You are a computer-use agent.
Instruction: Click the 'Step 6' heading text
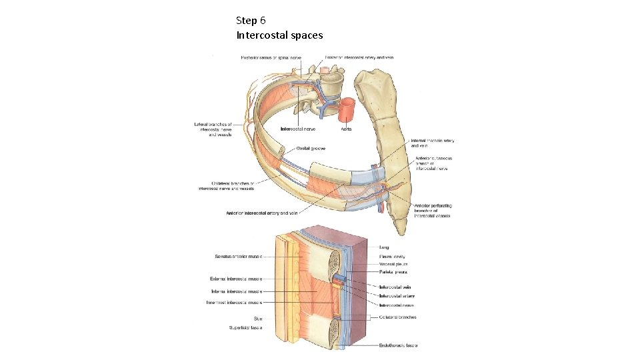point(251,21)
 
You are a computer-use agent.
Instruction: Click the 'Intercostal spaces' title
point(279,35)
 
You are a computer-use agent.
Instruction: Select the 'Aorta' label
point(347,129)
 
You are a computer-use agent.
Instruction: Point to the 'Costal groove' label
point(311,148)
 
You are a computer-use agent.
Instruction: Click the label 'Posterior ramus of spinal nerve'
point(271,57)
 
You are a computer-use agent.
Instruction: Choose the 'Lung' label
point(384,247)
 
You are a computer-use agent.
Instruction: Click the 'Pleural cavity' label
point(392,256)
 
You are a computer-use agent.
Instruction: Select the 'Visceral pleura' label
point(393,265)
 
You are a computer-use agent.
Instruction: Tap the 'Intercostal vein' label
point(395,287)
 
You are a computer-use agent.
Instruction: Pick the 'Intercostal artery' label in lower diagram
point(397,295)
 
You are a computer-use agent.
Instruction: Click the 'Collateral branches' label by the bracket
point(397,317)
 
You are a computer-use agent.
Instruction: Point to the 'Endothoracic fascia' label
point(398,345)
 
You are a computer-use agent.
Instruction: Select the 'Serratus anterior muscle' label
point(239,256)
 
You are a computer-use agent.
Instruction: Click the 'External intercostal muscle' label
point(235,279)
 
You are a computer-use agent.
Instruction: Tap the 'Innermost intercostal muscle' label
point(234,302)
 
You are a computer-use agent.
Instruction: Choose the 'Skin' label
point(257,319)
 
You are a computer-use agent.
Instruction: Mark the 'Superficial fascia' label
point(246,327)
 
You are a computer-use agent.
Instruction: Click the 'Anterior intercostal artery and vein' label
point(262,213)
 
